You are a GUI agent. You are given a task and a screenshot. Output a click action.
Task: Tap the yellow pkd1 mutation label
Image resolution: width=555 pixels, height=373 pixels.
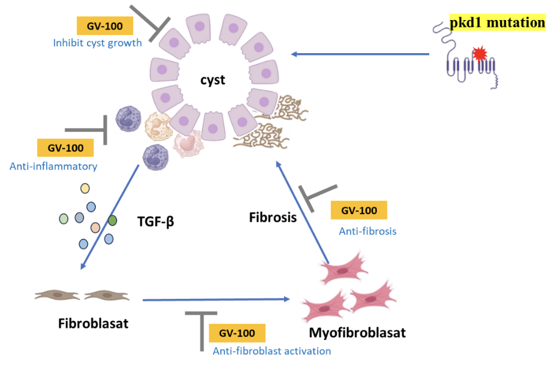497,23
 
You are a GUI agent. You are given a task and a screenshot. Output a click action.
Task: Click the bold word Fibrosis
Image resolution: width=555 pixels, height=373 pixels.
273,217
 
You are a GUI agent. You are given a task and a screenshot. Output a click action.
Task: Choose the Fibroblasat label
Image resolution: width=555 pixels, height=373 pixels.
93,324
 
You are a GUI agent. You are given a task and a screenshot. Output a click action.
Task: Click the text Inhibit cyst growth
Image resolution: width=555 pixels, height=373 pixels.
98,43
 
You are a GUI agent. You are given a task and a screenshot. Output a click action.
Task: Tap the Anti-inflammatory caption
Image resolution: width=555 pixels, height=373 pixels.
53,166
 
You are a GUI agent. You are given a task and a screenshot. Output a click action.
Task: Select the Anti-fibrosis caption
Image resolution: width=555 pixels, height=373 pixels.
367,231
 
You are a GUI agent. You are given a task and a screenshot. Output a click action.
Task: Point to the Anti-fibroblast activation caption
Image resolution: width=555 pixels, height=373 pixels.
272,351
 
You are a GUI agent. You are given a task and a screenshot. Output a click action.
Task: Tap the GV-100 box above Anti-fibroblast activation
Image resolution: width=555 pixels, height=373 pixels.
237,333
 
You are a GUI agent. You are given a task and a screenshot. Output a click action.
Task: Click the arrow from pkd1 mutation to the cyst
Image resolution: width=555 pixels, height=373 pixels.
360,54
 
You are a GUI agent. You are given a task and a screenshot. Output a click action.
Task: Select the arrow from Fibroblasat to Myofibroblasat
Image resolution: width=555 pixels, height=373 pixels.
215,299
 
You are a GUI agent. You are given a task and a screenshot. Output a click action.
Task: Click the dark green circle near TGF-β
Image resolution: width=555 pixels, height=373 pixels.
112,221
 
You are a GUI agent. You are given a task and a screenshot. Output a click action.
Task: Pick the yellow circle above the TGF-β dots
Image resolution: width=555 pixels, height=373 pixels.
85,188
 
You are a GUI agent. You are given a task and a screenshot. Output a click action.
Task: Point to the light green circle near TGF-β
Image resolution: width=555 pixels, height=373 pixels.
64,218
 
